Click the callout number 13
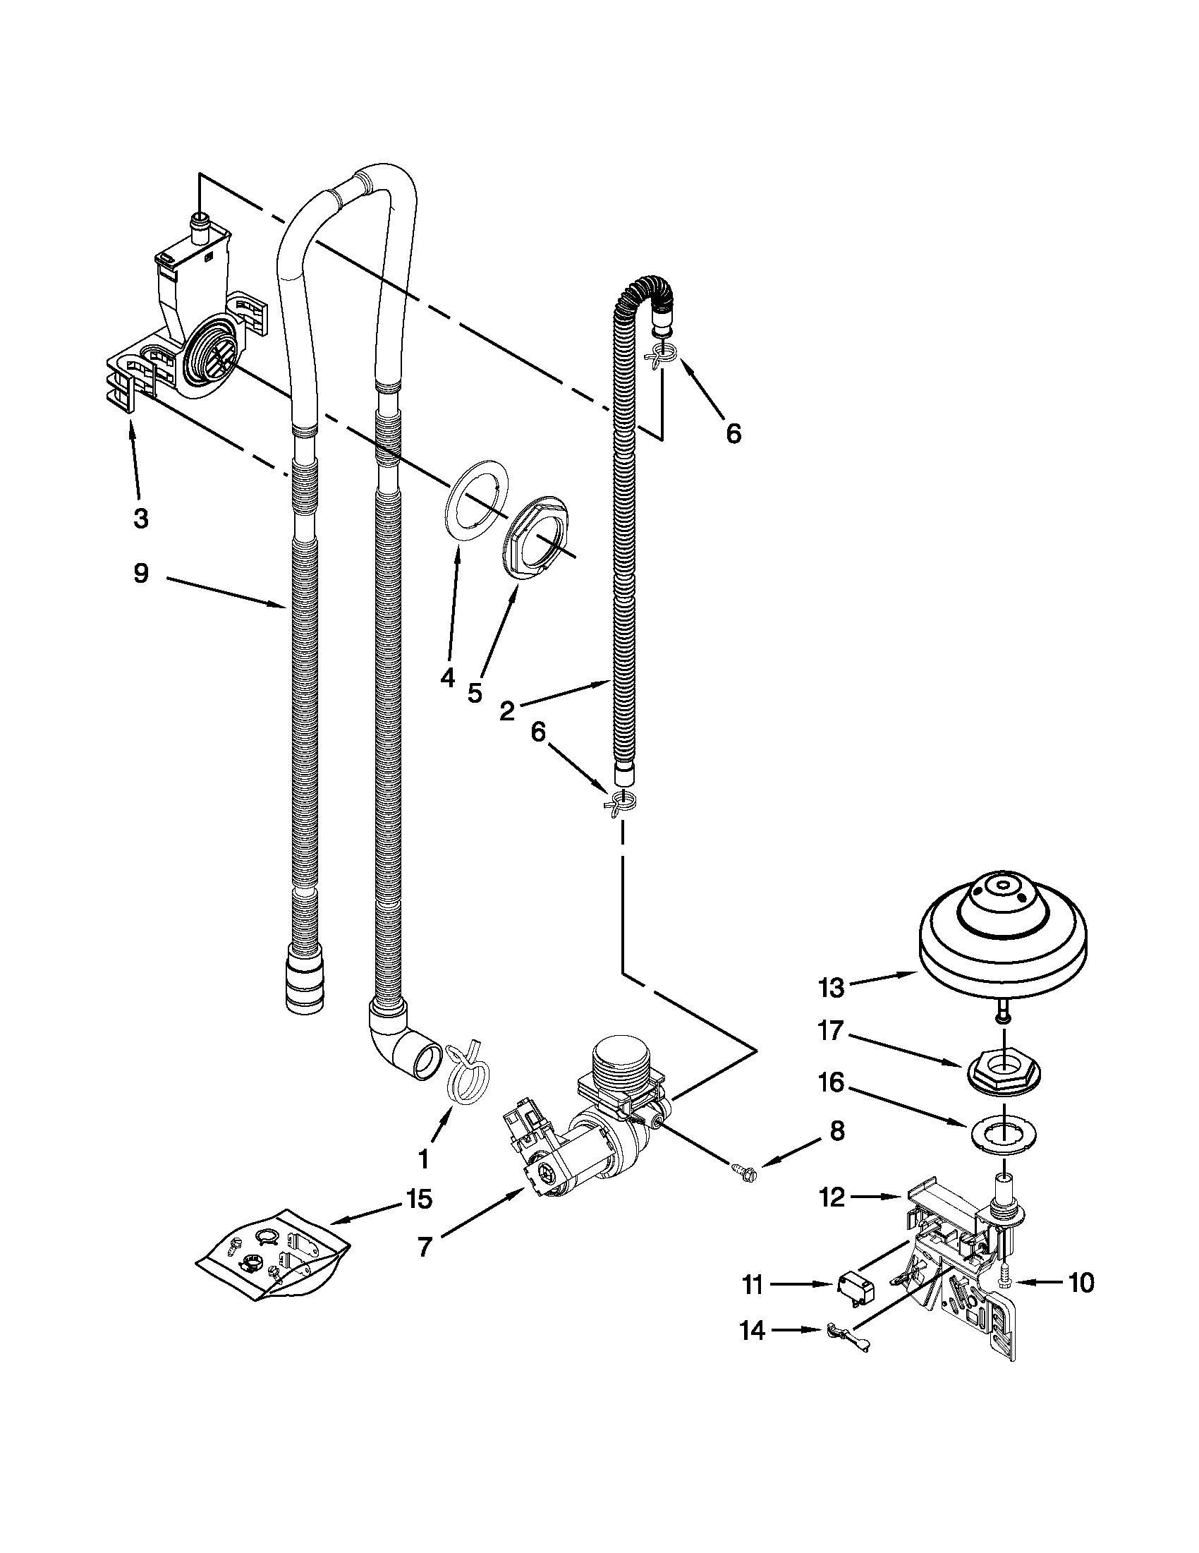(830, 987)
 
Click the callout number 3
(141, 519)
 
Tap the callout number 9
(141, 573)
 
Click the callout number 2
(506, 711)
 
